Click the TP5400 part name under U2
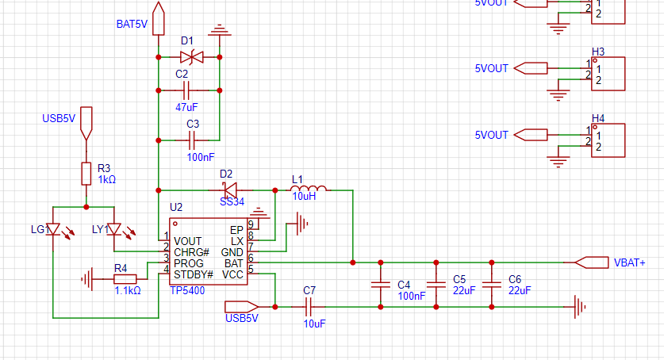(x=187, y=291)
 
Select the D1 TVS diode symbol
(x=191, y=57)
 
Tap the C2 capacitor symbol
(x=186, y=90)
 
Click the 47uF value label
(x=186, y=108)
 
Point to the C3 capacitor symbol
(x=191, y=140)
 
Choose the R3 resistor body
(x=86, y=174)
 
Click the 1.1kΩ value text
(x=128, y=291)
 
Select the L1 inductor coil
(x=309, y=189)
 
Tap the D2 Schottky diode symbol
(x=230, y=190)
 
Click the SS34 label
(x=232, y=202)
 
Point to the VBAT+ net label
(x=630, y=262)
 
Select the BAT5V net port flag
(x=159, y=18)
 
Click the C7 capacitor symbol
(x=309, y=307)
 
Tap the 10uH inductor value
(x=304, y=197)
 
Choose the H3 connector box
(x=608, y=74)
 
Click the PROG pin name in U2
(x=189, y=263)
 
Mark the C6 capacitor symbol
(x=492, y=285)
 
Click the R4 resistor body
(x=125, y=279)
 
